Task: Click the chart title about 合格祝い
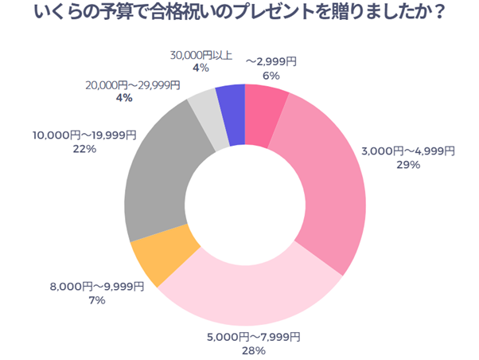pos(240,15)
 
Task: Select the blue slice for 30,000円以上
pos(232,115)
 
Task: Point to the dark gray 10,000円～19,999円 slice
pos(159,183)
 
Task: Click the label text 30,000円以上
pos(201,55)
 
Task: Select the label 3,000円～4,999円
pos(408,151)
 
